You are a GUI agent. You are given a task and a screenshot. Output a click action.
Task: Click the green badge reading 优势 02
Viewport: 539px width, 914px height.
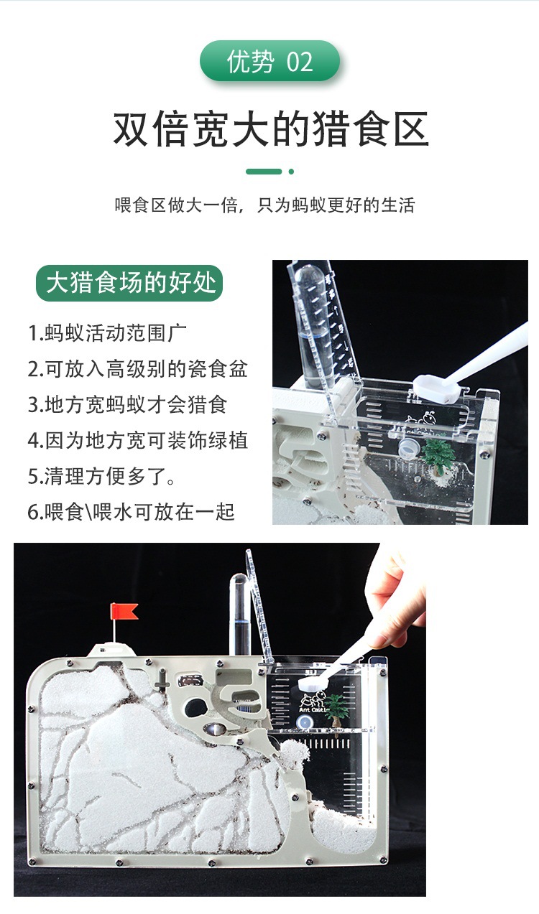tap(269, 62)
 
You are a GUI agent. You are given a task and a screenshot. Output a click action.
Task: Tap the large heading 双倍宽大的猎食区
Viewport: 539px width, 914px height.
tap(270, 130)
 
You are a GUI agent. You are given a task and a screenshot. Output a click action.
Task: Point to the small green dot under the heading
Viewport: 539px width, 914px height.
tap(291, 172)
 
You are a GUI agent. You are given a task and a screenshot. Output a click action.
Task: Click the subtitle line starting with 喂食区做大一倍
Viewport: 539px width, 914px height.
tap(265, 205)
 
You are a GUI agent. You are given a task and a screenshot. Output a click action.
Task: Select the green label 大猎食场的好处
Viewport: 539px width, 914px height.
tap(130, 282)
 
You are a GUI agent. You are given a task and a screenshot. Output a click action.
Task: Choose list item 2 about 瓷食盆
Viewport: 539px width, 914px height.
tap(138, 369)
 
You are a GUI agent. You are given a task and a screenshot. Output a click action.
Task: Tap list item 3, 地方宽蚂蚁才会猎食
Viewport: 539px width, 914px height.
tap(128, 404)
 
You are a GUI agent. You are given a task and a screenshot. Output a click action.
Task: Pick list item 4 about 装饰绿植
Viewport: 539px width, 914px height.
tap(138, 439)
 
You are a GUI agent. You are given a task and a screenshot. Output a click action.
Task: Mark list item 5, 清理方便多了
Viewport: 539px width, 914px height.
tap(101, 475)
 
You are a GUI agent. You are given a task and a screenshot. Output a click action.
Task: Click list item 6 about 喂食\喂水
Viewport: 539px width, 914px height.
tap(132, 511)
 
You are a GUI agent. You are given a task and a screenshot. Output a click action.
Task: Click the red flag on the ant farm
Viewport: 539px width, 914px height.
tap(124, 612)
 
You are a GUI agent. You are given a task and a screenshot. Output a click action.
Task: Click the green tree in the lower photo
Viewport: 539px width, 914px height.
tap(336, 709)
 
